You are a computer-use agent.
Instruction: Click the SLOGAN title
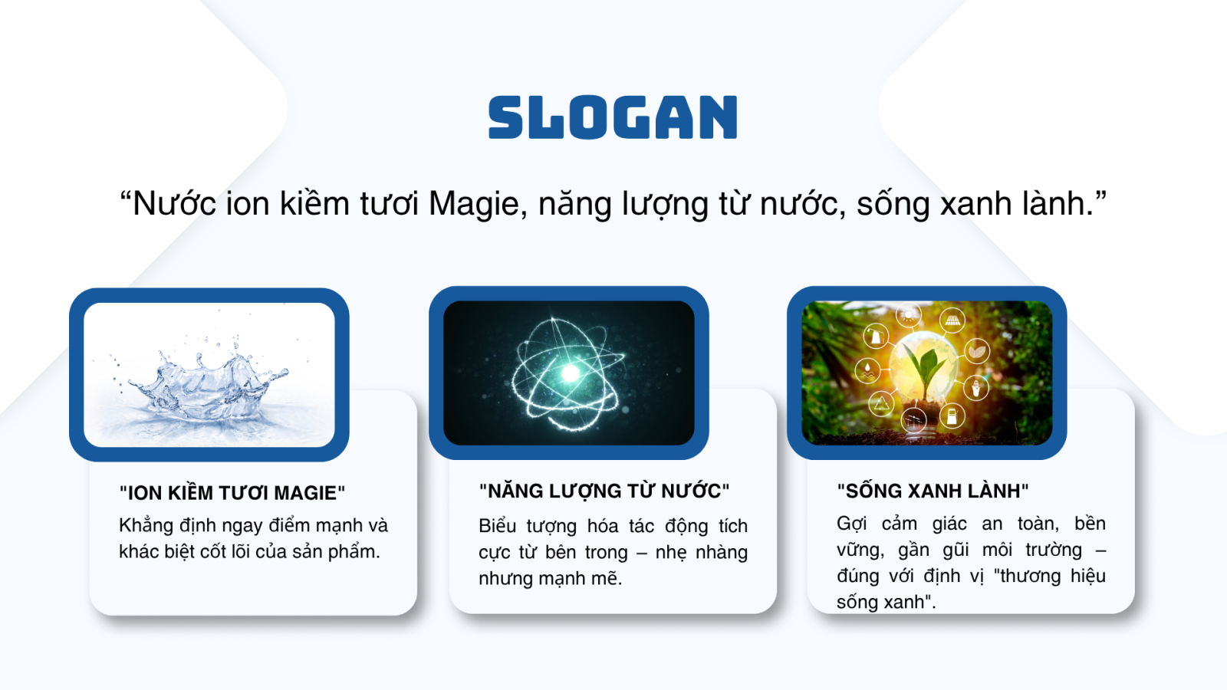[613, 117]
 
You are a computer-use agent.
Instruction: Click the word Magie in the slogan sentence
[474, 204]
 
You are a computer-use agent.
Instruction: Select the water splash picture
[209, 375]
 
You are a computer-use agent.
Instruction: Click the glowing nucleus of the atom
[571, 373]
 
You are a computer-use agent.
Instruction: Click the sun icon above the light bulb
[908, 315]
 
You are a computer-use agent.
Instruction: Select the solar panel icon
[952, 319]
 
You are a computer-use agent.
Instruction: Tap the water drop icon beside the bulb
[867, 371]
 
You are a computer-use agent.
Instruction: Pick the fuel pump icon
[952, 415]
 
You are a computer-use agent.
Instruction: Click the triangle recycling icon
[881, 404]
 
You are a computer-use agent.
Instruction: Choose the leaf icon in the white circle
[977, 351]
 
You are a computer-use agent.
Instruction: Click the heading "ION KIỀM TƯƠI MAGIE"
[232, 493]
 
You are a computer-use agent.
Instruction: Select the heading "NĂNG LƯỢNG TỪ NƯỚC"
[604, 491]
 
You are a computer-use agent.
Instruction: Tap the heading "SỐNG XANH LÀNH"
[933, 491]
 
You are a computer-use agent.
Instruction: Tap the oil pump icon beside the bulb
[875, 336]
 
